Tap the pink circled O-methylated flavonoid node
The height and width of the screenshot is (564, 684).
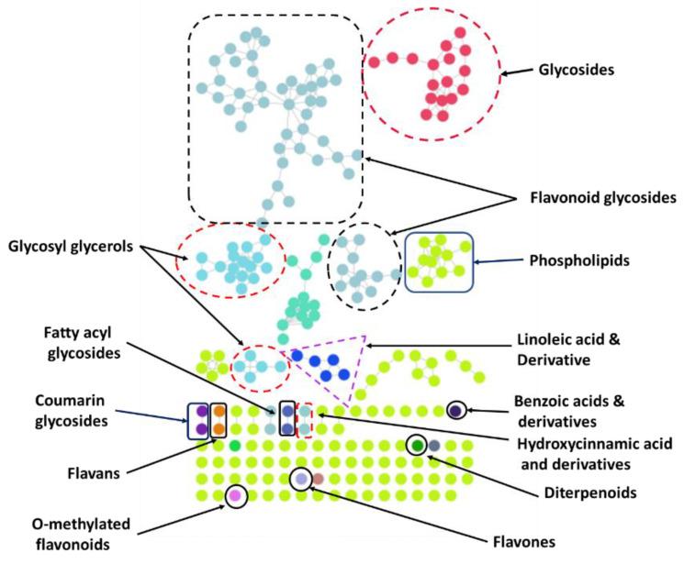click(x=236, y=495)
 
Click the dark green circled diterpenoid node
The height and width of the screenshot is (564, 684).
click(x=418, y=445)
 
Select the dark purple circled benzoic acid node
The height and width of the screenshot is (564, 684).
click(x=455, y=411)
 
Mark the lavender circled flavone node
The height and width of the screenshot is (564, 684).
click(x=300, y=479)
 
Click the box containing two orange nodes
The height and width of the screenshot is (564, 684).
click(x=219, y=420)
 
